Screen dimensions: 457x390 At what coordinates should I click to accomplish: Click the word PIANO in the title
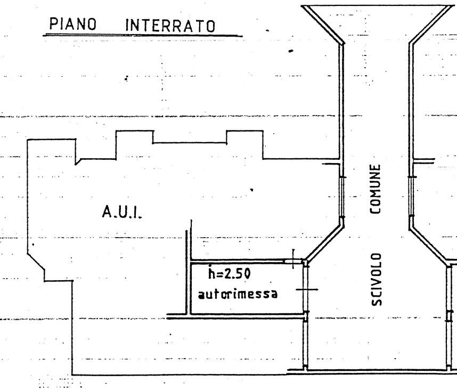(72, 24)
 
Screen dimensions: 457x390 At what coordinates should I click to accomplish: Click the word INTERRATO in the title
(170, 26)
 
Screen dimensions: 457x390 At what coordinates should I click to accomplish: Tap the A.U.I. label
(122, 212)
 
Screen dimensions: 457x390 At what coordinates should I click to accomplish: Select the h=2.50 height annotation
(230, 273)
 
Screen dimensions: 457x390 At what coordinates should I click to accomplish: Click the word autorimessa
(238, 294)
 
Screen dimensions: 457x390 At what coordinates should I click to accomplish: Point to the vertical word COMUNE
(375, 189)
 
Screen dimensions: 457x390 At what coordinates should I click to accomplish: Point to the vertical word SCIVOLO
(376, 279)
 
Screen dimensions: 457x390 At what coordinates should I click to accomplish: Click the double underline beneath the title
(143, 36)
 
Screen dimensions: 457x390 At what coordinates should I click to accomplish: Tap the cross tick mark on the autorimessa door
(307, 289)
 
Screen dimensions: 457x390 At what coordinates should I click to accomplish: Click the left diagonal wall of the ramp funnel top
(322, 25)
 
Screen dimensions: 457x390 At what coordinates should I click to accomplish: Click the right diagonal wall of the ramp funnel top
(431, 25)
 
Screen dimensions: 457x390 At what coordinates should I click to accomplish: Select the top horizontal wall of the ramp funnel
(377, 6)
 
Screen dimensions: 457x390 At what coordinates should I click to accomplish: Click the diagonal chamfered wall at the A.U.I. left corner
(36, 261)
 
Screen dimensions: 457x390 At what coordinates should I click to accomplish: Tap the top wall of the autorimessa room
(238, 262)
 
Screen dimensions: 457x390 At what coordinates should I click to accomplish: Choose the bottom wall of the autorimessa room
(247, 314)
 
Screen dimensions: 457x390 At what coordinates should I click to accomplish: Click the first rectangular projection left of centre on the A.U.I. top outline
(135, 131)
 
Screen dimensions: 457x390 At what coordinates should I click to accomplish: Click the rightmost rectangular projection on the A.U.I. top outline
(245, 131)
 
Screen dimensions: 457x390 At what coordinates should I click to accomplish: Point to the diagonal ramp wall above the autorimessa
(324, 242)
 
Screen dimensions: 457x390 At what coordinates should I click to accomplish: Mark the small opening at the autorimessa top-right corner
(293, 262)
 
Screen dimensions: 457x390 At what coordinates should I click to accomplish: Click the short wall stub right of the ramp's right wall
(424, 161)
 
